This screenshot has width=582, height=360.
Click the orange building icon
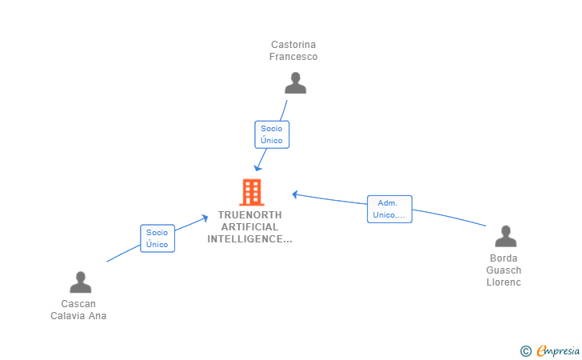[251, 192]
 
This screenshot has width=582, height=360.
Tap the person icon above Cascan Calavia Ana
[81, 282]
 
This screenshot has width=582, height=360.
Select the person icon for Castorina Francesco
[295, 83]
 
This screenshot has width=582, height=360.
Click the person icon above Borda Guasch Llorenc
[505, 237]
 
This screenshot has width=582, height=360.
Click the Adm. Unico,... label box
[389, 209]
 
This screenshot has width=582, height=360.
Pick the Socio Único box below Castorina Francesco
[272, 134]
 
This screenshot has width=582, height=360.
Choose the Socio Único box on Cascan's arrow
[157, 238]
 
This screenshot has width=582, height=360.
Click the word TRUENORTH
[250, 215]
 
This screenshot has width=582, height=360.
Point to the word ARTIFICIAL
[250, 227]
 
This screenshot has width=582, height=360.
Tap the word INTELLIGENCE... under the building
[250, 239]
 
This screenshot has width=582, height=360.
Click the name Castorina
[293, 45]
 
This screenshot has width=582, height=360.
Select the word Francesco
[293, 57]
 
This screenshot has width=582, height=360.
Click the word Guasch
[504, 270]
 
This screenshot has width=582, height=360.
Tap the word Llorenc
[504, 282]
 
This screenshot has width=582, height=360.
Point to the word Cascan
[78, 304]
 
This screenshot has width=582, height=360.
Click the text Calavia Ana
[78, 316]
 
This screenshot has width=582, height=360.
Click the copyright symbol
[525, 350]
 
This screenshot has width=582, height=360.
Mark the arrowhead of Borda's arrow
[295, 194]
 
